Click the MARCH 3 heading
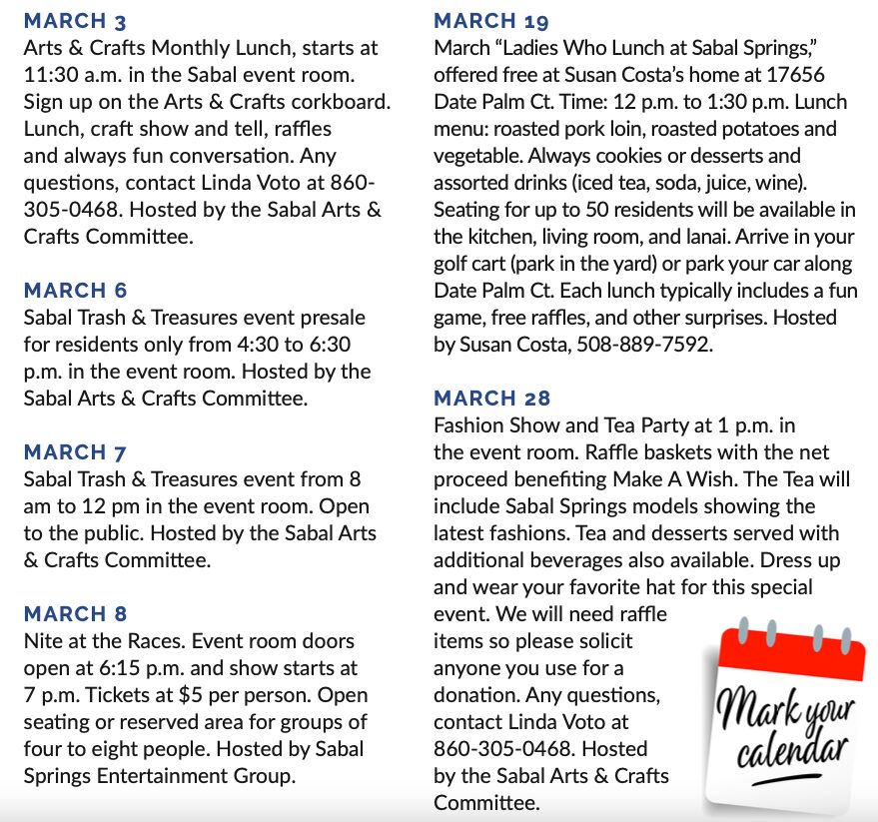(x=75, y=21)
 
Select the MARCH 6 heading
(x=75, y=291)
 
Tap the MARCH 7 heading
(x=75, y=452)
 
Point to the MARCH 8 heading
(x=75, y=614)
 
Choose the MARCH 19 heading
(x=490, y=21)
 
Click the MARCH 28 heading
(x=491, y=399)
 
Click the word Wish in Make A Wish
(x=751, y=452)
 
